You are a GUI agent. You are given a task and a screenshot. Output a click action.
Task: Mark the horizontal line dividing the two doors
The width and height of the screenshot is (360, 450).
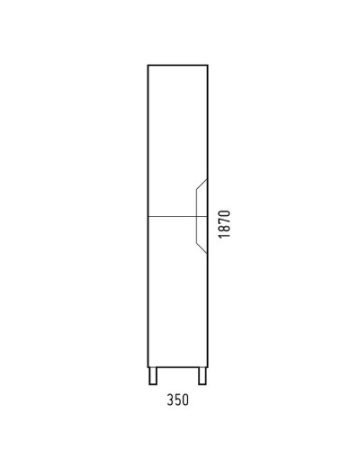(x=171, y=217)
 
